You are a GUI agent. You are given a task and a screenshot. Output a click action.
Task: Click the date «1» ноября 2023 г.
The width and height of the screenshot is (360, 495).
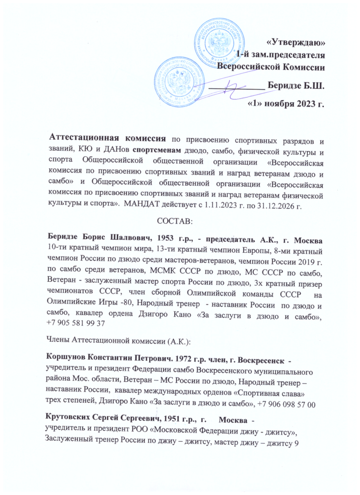pos(285,103)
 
